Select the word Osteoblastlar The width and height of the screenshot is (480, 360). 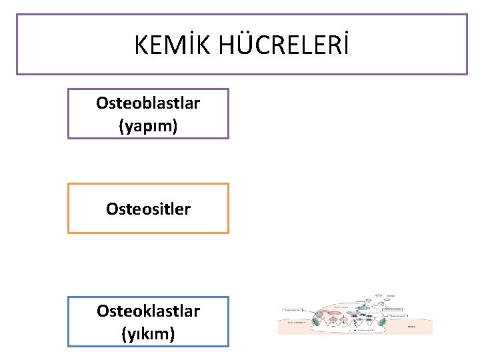tap(148, 103)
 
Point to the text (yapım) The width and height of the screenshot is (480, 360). tap(148, 125)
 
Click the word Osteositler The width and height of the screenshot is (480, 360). tap(148, 209)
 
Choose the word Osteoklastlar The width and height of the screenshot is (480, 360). tap(148, 311)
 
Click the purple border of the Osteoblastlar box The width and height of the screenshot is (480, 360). tap(68, 113)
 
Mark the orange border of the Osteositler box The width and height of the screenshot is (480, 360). tap(68, 208)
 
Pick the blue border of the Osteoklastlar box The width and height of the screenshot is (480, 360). tap(68, 321)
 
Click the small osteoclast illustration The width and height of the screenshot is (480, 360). tap(355, 313)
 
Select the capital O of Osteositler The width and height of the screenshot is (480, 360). tap(112, 209)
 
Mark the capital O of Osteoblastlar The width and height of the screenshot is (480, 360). tap(102, 103)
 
